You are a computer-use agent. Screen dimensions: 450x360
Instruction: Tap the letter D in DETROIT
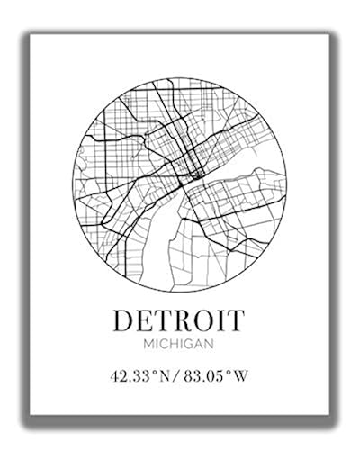pos(126,319)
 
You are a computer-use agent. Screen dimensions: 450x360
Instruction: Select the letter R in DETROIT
pos(184,319)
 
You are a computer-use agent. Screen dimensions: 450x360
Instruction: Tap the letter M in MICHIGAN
pos(147,345)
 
